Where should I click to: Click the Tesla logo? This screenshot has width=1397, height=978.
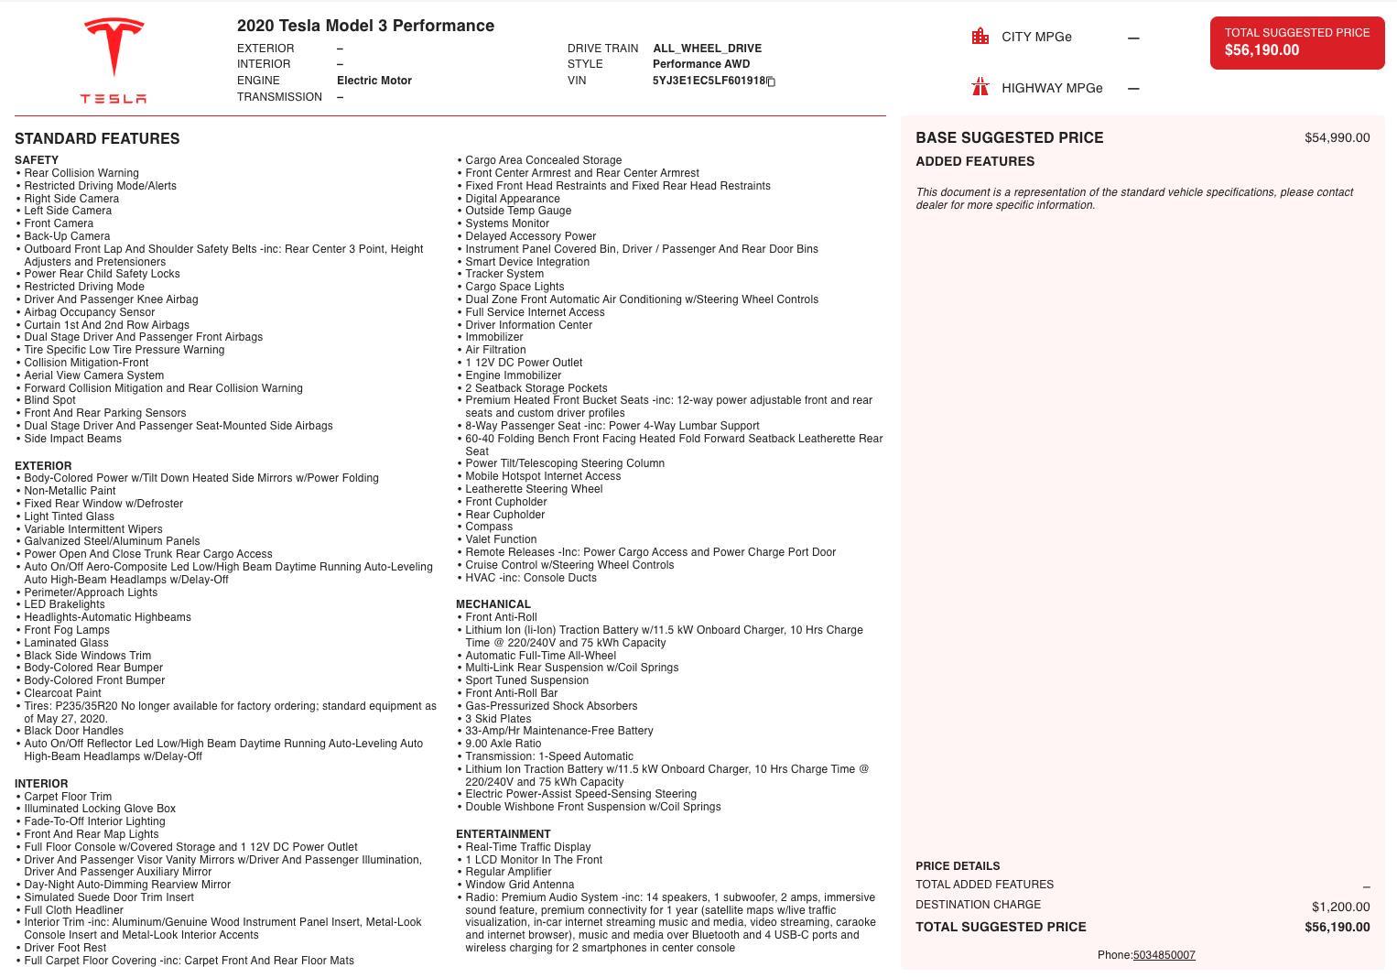114,60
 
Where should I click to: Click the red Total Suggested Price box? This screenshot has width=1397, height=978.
1296,42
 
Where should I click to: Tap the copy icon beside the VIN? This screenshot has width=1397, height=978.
771,81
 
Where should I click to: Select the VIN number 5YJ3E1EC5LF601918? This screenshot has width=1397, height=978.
708,81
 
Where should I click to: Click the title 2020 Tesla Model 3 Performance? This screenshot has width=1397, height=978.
365,26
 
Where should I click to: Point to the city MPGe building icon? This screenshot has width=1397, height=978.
980,37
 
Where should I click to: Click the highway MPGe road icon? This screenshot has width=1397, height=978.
980,88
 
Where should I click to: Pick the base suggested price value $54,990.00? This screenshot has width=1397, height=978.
1337,138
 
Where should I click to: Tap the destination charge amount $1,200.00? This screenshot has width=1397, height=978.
1340,907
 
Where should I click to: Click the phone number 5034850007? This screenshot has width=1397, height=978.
1164,955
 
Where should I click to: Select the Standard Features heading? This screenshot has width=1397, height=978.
97,139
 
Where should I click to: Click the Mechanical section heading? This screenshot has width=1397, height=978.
493,604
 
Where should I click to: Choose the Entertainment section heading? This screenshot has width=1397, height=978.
503,834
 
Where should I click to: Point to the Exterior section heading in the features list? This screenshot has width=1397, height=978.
42,465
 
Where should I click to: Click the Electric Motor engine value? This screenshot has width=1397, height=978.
374,81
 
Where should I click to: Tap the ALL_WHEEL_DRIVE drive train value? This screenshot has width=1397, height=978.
707,49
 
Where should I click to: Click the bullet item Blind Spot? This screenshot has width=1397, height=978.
49,400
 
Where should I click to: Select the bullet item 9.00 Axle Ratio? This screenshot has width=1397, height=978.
503,744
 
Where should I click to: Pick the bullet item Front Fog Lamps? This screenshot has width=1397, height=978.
67,630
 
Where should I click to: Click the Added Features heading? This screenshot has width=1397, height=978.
975,161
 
